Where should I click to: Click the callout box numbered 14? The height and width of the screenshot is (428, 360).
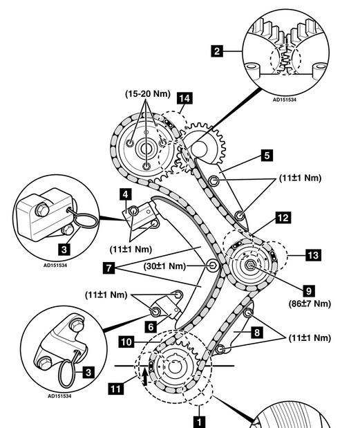click(184, 98)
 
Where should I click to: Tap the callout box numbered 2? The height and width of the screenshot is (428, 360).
click(217, 51)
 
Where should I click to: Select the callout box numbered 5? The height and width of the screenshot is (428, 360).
click(267, 156)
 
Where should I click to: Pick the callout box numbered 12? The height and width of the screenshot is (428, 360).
click(283, 218)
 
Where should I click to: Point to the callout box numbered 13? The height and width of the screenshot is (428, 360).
click(313, 255)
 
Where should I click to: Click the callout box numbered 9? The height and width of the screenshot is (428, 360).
click(308, 291)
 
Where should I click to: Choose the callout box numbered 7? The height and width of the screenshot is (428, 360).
click(109, 268)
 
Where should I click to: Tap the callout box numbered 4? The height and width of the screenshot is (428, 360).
click(126, 194)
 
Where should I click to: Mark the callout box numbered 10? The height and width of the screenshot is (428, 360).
click(126, 342)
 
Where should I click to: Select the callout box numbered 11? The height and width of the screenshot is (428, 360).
click(115, 389)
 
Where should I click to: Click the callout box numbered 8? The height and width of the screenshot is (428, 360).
click(257, 333)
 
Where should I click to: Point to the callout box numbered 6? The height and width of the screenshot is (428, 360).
click(151, 327)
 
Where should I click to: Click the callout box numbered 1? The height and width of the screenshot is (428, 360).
click(200, 422)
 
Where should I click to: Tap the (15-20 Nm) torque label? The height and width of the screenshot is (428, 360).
click(148, 94)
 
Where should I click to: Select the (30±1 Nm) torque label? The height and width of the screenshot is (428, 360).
click(164, 266)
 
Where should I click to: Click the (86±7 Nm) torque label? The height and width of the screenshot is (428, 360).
click(310, 304)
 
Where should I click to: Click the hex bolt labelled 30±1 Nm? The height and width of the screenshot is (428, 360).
click(212, 266)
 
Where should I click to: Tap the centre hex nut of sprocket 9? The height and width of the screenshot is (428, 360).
click(249, 265)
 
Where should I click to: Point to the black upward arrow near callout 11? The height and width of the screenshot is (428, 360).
click(145, 376)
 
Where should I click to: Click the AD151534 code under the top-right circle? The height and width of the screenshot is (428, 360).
click(285, 100)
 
